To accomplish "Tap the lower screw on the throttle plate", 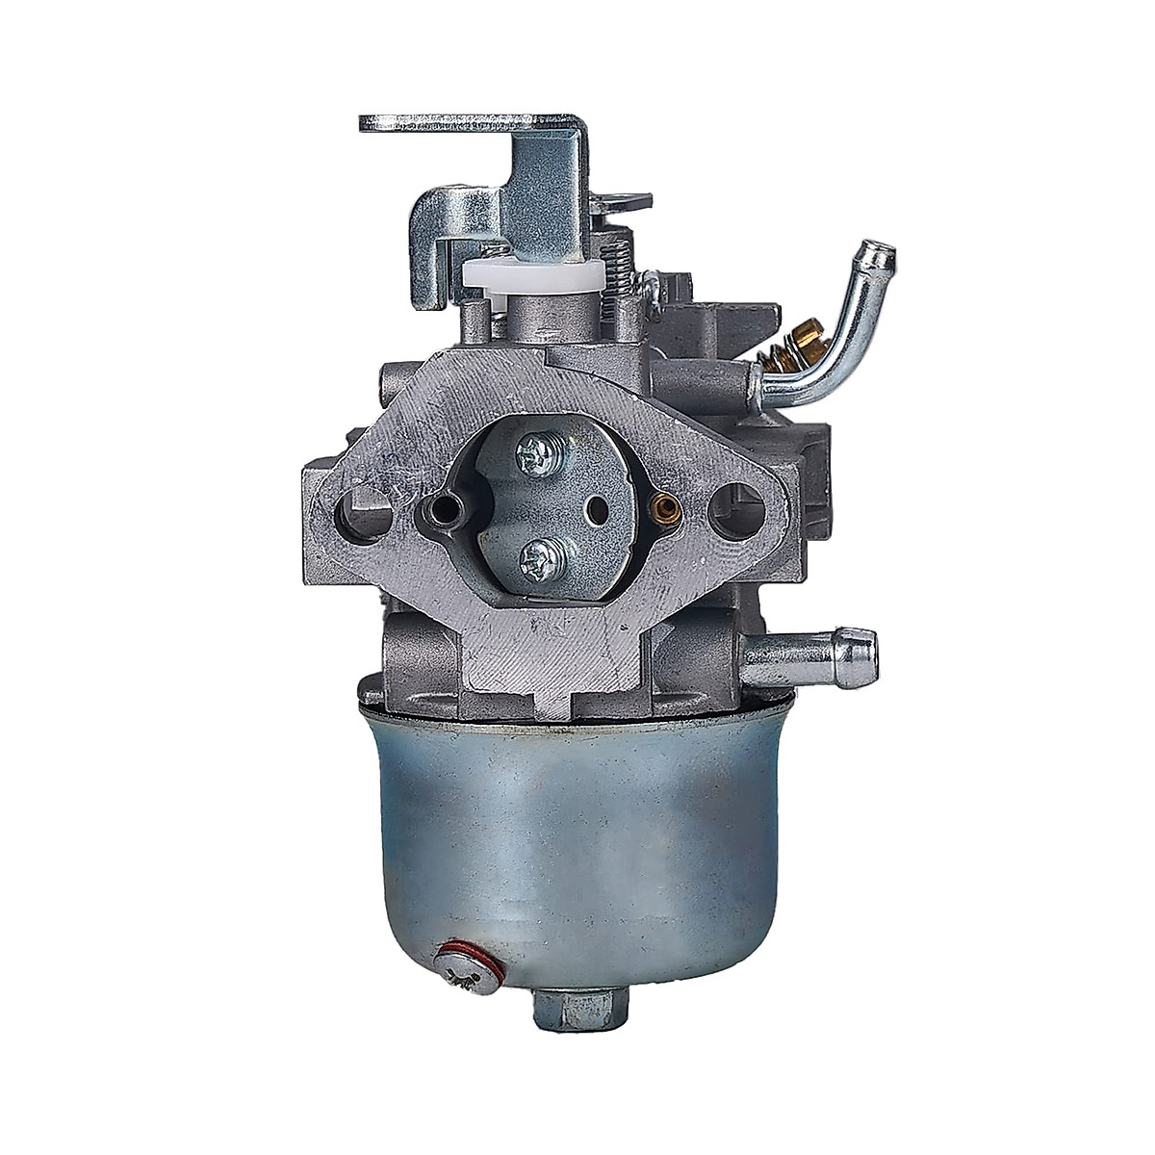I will pos(534,555).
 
